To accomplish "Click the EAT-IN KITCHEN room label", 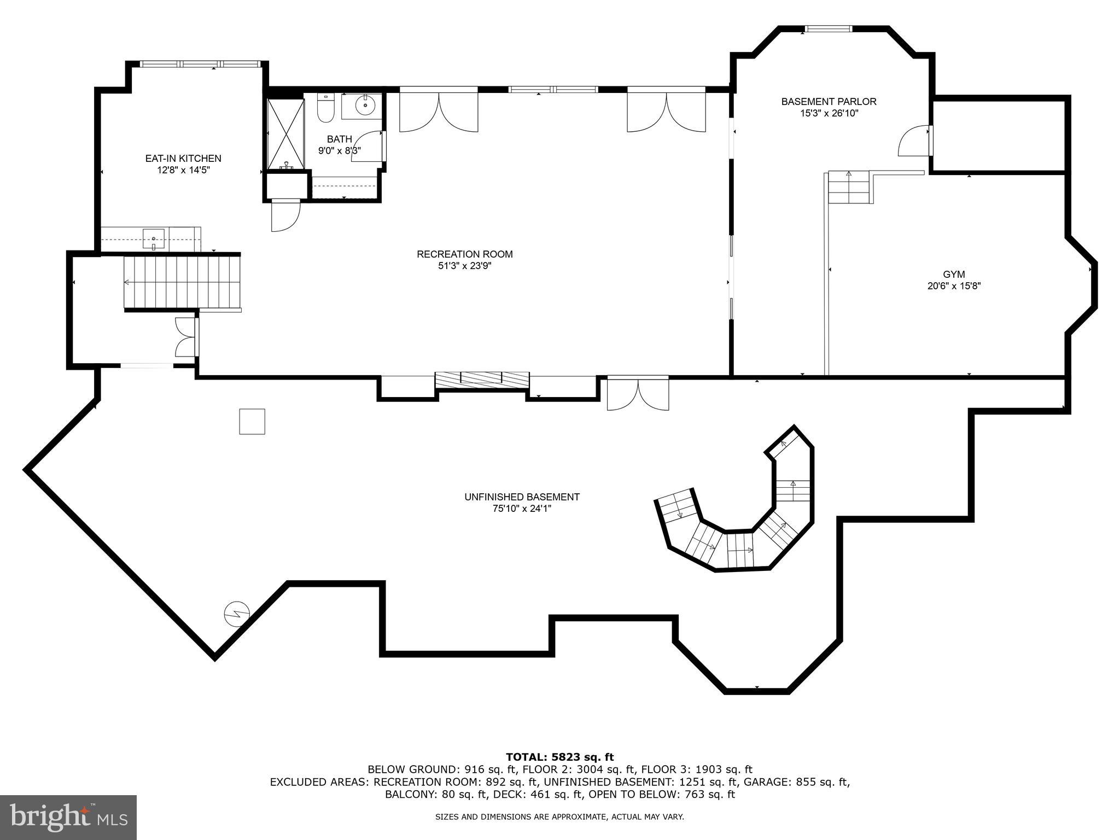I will pyautogui.click(x=183, y=159).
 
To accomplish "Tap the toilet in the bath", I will pyautogui.click(x=325, y=109).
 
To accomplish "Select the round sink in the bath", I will pyautogui.click(x=363, y=104).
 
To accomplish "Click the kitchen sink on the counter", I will pyautogui.click(x=154, y=238).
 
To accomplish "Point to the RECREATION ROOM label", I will pyautogui.click(x=464, y=254).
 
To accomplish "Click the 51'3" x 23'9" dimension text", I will pyautogui.click(x=464, y=266).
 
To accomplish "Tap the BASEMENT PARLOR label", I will pyautogui.click(x=828, y=102).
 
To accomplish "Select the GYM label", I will pyautogui.click(x=954, y=275).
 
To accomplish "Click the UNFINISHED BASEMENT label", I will pyautogui.click(x=522, y=497).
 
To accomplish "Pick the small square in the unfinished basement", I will pyautogui.click(x=252, y=422).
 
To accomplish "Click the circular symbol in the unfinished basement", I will pyautogui.click(x=237, y=614).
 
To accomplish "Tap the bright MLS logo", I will pyautogui.click(x=68, y=817).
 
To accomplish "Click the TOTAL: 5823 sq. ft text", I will pyautogui.click(x=559, y=757).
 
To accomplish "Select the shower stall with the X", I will pyautogui.click(x=285, y=134).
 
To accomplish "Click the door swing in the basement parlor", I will pyautogui.click(x=914, y=142).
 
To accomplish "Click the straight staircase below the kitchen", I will pyautogui.click(x=182, y=282).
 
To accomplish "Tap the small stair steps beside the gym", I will pyautogui.click(x=849, y=187).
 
